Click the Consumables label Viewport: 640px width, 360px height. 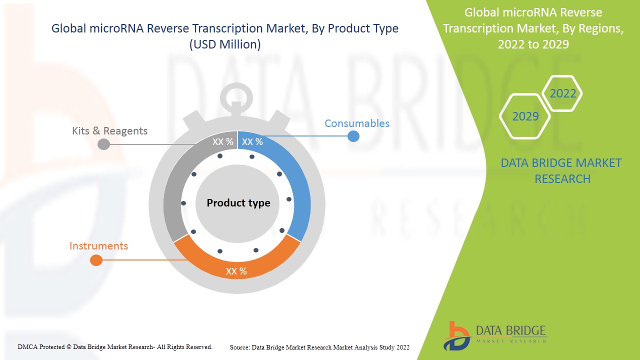tap(356, 123)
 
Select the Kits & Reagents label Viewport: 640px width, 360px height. tap(109, 131)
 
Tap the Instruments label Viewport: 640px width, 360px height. tap(98, 246)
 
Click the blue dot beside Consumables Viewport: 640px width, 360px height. tap(353, 135)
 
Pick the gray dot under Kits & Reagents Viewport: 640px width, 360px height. tap(103, 144)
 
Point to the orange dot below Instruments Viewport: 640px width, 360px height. tap(96, 260)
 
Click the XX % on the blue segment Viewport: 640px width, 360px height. tap(252, 142)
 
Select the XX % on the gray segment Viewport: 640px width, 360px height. tap(222, 142)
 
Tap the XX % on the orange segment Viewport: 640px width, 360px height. tap(236, 271)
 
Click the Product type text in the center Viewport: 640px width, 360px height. tap(238, 203)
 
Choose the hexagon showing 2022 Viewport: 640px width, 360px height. tap(562, 93)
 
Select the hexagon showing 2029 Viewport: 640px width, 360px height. tap(525, 116)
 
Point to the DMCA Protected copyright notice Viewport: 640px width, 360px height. tap(115, 346)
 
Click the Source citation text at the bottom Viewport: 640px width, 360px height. tap(319, 347)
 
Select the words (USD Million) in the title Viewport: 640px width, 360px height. tap(225, 44)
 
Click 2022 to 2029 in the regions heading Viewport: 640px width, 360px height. tap(533, 44)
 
